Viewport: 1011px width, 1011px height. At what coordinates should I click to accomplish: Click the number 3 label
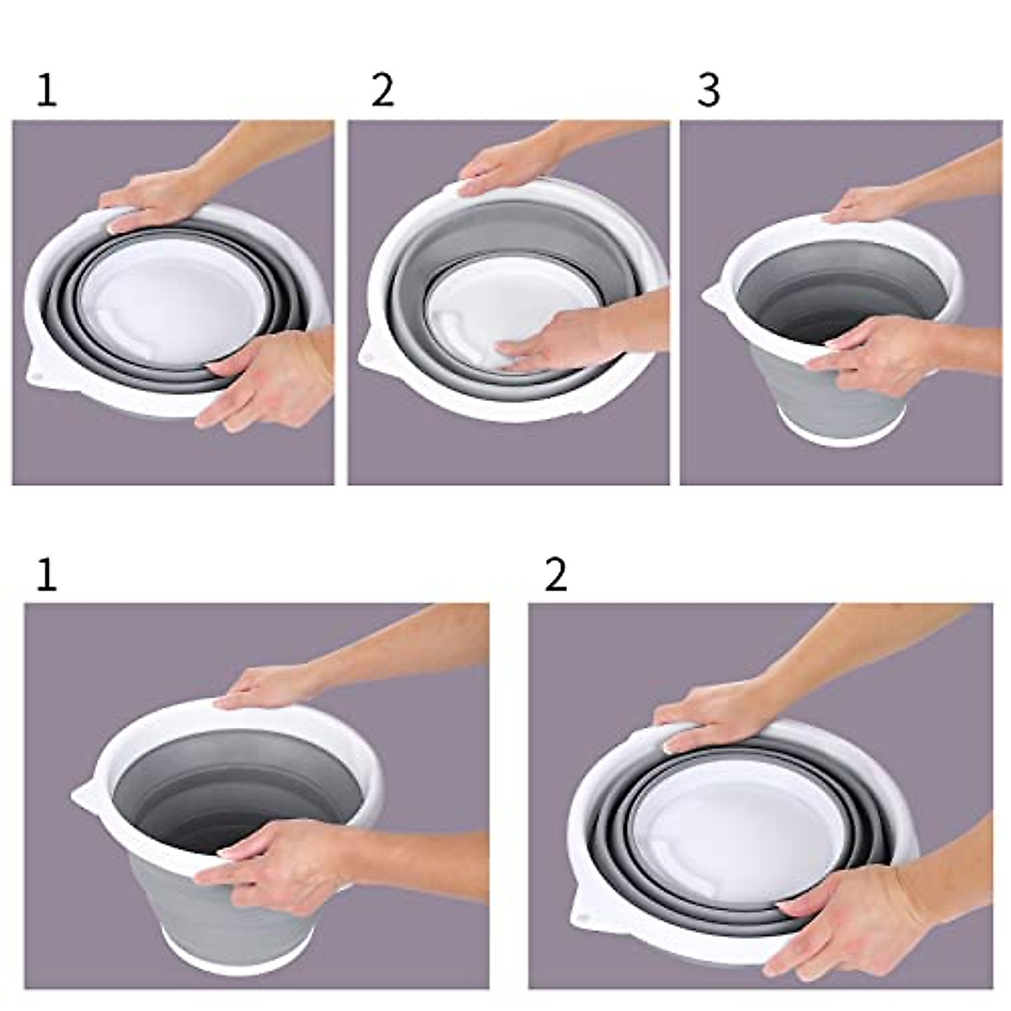click(x=709, y=91)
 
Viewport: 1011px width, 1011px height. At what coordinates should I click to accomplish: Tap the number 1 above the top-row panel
click(x=46, y=91)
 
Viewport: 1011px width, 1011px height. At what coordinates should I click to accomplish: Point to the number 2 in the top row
click(x=383, y=91)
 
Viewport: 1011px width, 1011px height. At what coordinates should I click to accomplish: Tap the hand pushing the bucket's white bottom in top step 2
click(x=567, y=341)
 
